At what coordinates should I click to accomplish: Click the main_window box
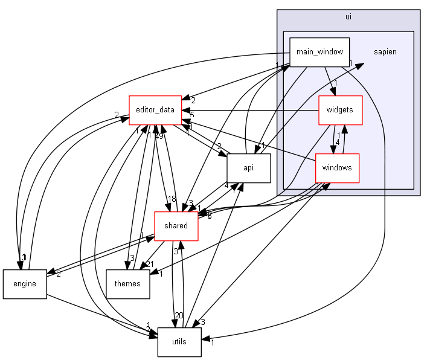click(x=320, y=52)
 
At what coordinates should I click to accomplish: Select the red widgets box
click(x=340, y=111)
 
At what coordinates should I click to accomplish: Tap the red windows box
click(x=337, y=168)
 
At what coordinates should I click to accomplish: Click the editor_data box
click(x=155, y=110)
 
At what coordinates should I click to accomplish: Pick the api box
click(x=248, y=169)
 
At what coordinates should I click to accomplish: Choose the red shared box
click(x=175, y=226)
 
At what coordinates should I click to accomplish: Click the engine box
click(x=24, y=284)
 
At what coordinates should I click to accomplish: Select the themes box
click(x=127, y=284)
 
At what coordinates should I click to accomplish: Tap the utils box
click(x=179, y=342)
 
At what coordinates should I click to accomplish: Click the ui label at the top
click(x=348, y=16)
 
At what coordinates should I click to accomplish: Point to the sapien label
click(x=385, y=52)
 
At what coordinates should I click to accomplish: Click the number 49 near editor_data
click(x=159, y=135)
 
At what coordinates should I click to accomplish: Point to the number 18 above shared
click(x=171, y=199)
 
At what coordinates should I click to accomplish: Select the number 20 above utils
click(x=179, y=315)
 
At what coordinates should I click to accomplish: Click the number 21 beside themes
click(x=149, y=263)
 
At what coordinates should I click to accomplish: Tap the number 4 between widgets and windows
click(x=338, y=142)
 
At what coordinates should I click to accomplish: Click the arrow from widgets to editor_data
click(x=254, y=111)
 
